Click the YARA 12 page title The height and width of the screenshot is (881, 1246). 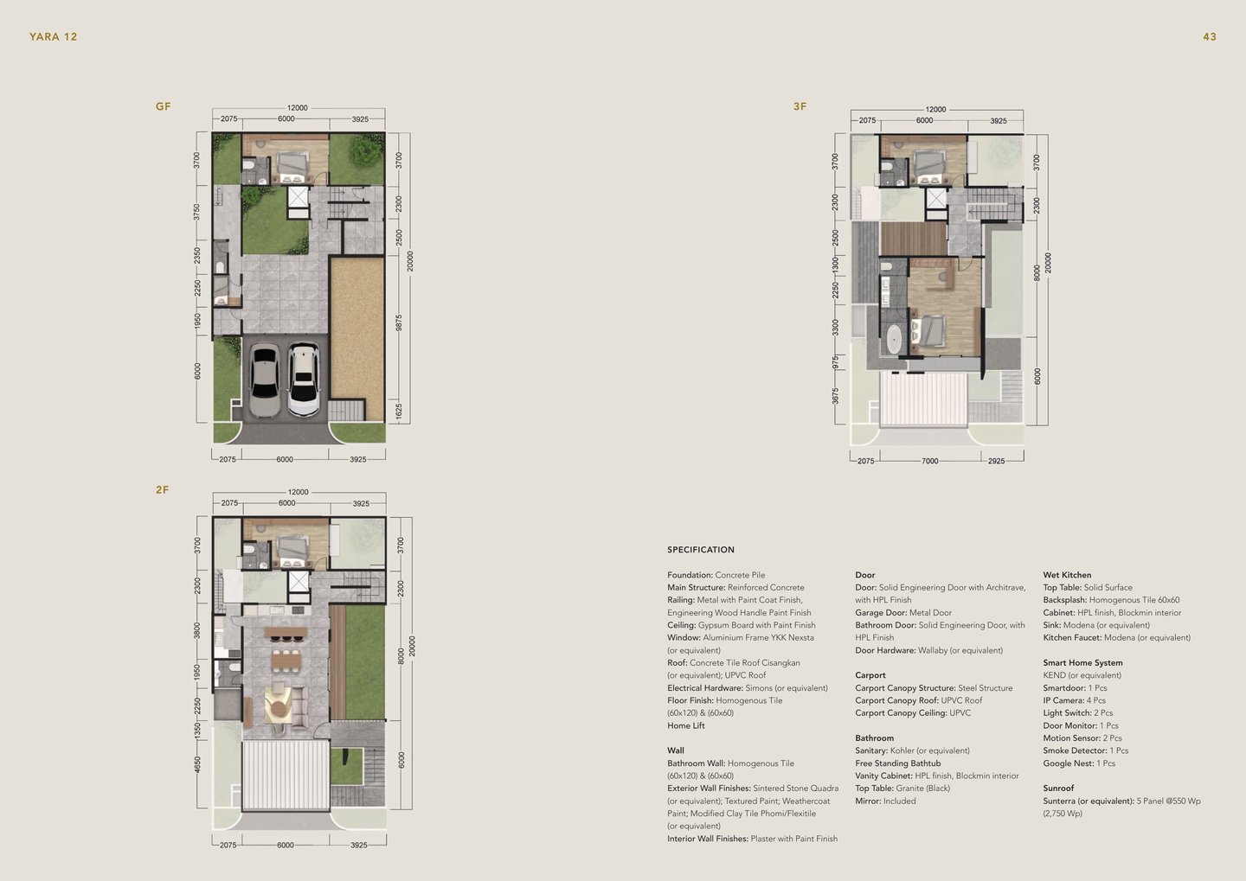54,36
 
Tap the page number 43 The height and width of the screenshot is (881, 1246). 1210,36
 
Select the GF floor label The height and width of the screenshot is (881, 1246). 163,106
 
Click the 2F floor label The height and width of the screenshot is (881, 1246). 163,489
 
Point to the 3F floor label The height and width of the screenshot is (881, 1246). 800,106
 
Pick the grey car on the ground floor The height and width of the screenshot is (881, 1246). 265,380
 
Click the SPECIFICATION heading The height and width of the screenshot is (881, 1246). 701,550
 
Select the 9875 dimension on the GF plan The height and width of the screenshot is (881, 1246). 398,323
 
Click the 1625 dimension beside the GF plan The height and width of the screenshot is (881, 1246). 398,412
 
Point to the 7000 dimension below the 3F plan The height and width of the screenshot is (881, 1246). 929,461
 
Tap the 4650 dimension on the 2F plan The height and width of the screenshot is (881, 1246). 197,764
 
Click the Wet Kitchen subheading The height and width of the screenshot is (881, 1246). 1067,575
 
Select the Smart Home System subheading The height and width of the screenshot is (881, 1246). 1082,662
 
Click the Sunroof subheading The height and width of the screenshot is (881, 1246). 1058,788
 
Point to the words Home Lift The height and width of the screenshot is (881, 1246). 686,725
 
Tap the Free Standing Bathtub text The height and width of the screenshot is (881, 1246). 898,763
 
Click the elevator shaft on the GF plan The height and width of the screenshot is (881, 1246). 299,201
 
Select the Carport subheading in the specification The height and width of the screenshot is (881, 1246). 870,674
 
